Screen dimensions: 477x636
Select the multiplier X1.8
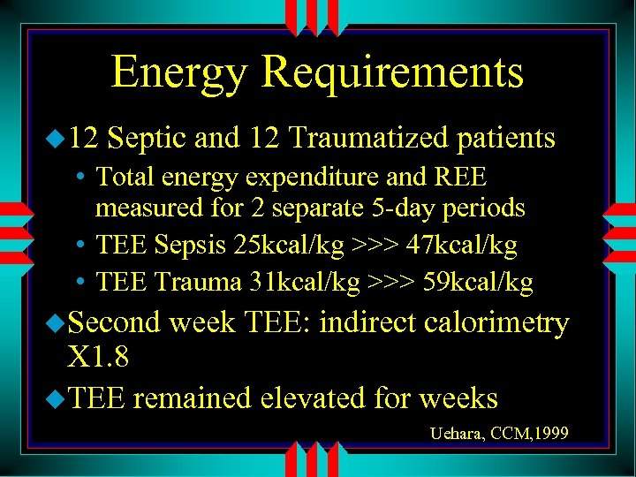[98, 358]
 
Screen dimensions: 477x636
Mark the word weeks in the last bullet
[458, 398]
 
